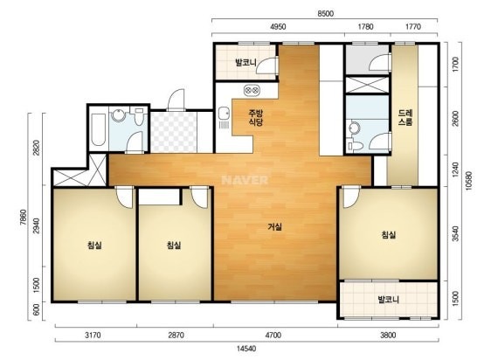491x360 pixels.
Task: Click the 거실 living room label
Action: (x=274, y=226)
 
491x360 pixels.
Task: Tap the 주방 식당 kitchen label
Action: (x=255, y=117)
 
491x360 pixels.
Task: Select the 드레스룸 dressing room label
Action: (x=405, y=117)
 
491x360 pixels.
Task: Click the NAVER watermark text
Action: (x=245, y=180)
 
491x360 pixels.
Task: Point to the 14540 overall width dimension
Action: (x=246, y=348)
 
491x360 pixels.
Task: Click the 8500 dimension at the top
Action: (x=325, y=14)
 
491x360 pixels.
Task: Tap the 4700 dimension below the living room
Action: (x=273, y=335)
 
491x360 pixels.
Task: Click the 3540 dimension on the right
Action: (x=455, y=233)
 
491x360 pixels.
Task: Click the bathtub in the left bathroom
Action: (x=98, y=129)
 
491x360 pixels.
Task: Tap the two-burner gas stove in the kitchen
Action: (x=252, y=90)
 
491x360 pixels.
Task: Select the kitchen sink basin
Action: (x=224, y=113)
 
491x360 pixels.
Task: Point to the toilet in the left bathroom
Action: (x=139, y=116)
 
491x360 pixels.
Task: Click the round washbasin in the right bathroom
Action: (x=355, y=128)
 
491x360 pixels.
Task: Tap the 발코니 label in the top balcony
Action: (x=245, y=62)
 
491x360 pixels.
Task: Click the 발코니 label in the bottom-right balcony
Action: (x=388, y=299)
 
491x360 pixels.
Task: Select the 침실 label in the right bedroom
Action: (x=388, y=234)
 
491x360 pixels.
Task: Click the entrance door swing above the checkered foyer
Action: (x=176, y=100)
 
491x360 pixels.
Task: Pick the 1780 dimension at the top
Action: (x=365, y=26)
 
